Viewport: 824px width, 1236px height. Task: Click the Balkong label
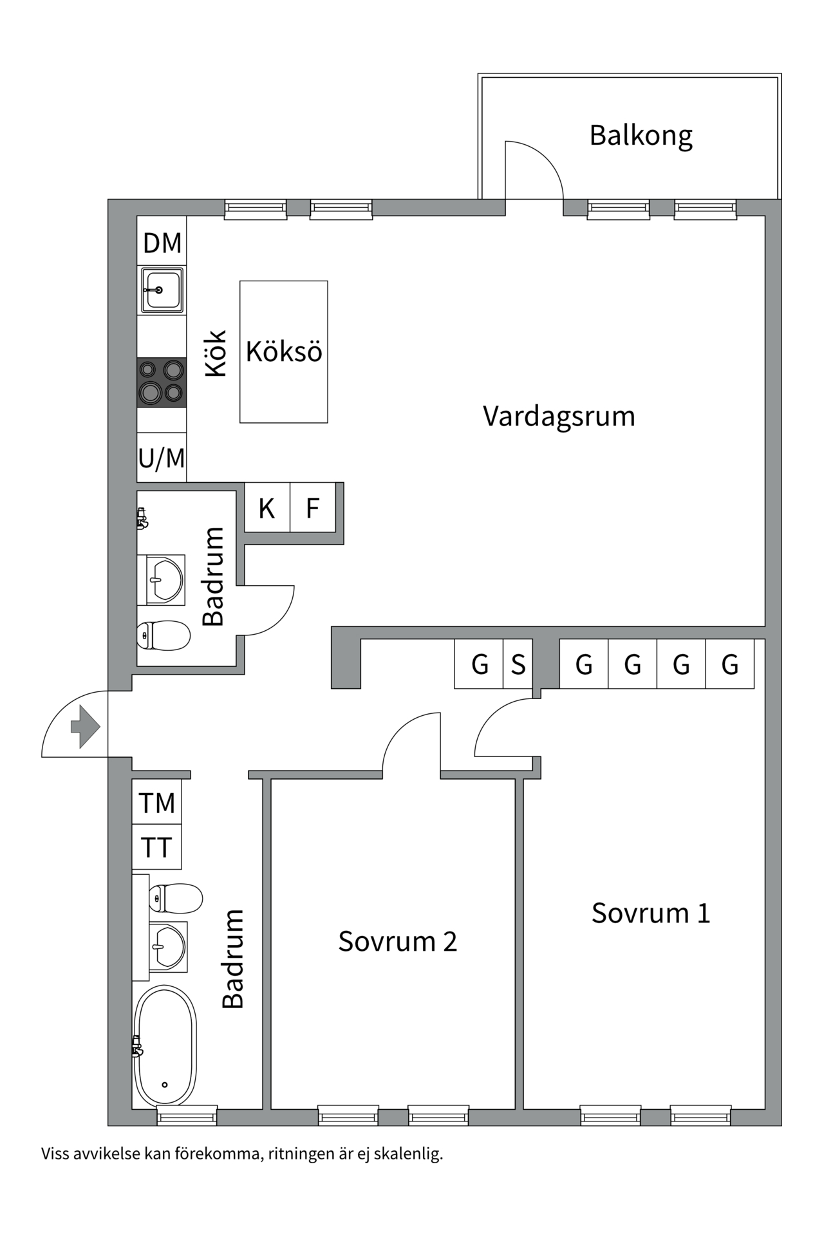641,136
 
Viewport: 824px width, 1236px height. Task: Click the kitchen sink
162,290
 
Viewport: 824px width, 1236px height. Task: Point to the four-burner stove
162,382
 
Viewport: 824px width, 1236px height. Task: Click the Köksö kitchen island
284,351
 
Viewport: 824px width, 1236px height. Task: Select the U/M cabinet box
162,458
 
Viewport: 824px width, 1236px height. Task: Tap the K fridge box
267,509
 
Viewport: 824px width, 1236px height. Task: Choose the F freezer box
313,509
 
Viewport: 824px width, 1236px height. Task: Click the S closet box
518,664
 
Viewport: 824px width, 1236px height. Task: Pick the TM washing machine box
156,803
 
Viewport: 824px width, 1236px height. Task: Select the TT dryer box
156,847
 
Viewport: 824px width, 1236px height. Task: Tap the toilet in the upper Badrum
164,635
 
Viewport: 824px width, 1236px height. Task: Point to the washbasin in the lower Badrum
169,946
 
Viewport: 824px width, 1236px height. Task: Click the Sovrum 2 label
397,942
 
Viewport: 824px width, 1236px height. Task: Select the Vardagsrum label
559,417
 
